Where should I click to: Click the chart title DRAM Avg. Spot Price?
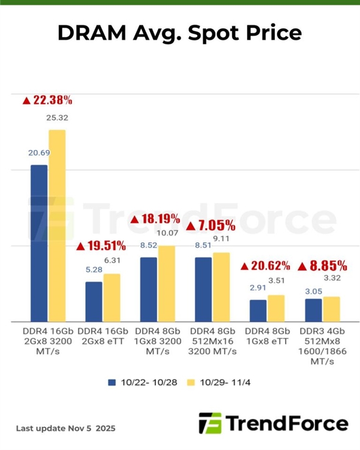(179, 33)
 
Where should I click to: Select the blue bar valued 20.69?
(39, 243)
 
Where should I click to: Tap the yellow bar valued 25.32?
(57, 226)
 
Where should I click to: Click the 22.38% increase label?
(47, 100)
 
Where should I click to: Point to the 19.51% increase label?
(101, 245)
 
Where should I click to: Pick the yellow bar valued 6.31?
(112, 298)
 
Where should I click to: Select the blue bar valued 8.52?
(149, 289)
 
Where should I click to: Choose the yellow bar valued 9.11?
(221, 287)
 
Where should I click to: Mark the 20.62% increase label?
(265, 265)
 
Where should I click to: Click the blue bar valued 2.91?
(258, 310)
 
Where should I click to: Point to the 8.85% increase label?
(322, 265)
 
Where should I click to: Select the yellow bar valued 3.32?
(331, 309)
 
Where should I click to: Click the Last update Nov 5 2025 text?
(65, 428)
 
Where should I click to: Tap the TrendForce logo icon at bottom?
(209, 424)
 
